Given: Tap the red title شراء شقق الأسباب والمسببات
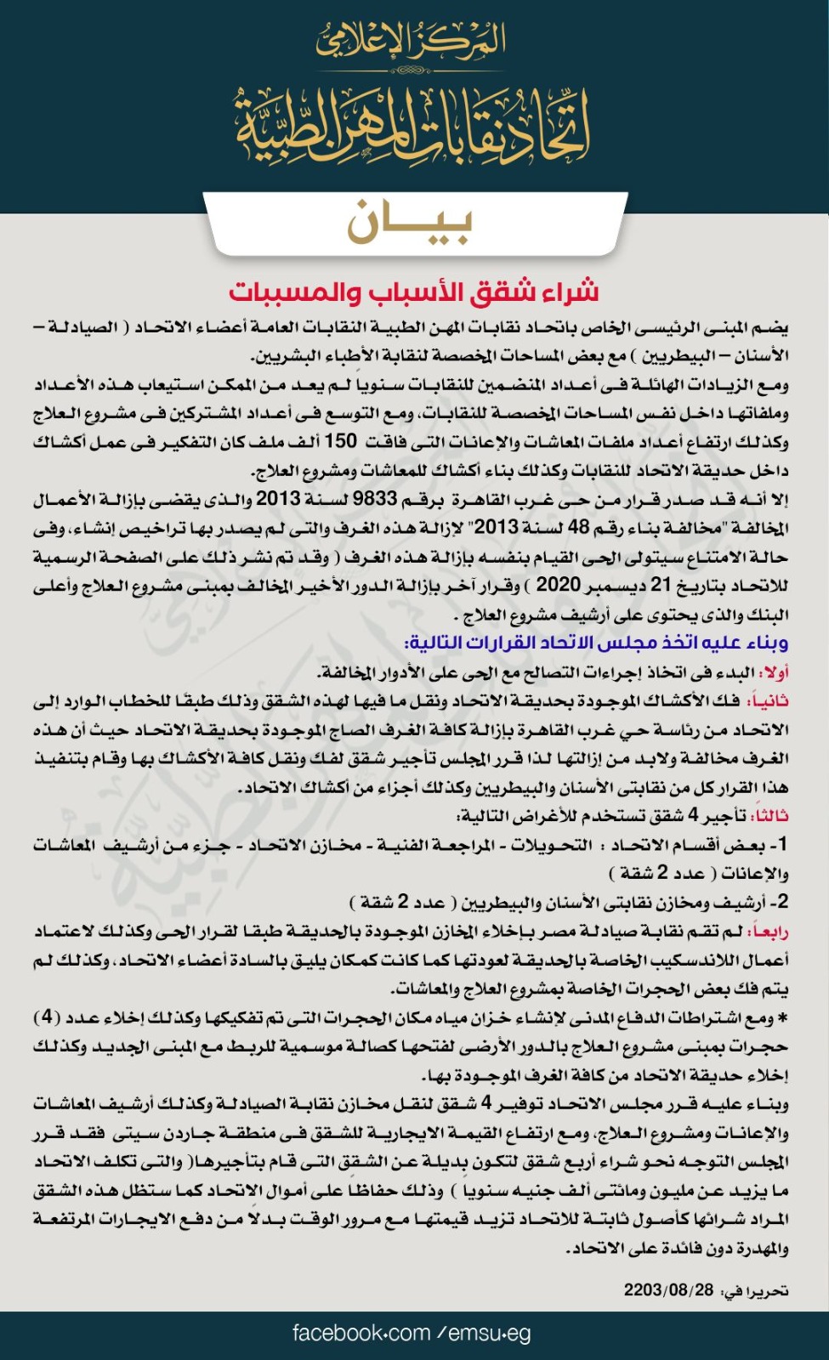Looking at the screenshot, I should (413, 292).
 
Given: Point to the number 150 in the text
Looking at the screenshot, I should (341, 441).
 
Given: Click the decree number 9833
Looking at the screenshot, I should (375, 499).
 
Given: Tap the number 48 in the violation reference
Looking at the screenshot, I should (578, 528).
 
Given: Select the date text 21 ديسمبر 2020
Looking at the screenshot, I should (605, 586).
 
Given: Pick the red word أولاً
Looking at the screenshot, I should (775, 672).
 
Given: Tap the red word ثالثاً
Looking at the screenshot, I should (769, 816).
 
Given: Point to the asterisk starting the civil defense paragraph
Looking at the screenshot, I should (783, 1018).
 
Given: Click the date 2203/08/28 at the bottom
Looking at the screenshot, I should (668, 1290).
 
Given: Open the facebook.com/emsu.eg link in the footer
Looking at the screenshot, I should (412, 1333).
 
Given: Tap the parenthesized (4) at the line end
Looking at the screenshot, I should (47, 1017).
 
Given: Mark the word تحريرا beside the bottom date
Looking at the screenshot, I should (764, 1291).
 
